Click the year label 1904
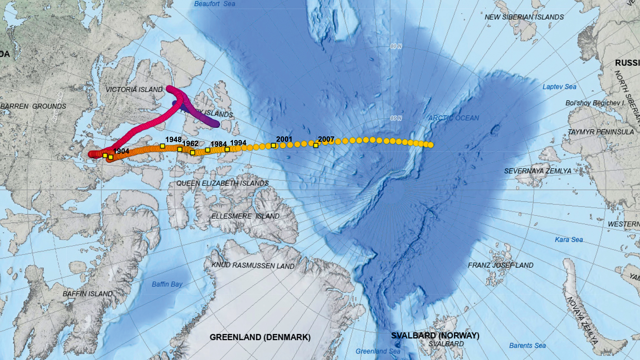tap(121, 151)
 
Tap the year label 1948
tap(173, 139)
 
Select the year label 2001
tap(284, 139)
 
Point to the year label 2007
tap(326, 139)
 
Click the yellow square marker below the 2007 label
tap(316, 145)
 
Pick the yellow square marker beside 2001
tap(273, 145)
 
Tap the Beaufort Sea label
tap(215, 4)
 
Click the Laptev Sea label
tap(559, 87)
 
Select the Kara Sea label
tap(568, 240)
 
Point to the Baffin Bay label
tap(167, 284)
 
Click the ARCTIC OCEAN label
tap(453, 118)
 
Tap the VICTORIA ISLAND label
tap(134, 90)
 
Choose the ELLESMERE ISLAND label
tap(245, 216)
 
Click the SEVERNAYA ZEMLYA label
tap(538, 171)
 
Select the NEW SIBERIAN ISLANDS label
tap(524, 17)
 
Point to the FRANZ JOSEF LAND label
tap(500, 265)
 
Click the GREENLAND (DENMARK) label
tap(260, 337)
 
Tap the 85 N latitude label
tap(396, 118)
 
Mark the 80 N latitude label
tap(396, 47)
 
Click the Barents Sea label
tap(527, 346)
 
